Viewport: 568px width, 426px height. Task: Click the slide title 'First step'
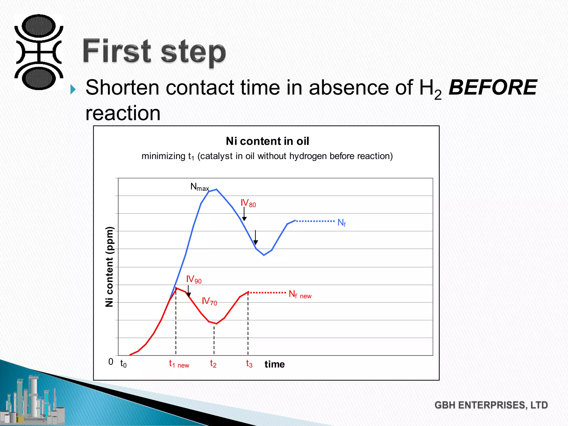pyautogui.click(x=154, y=52)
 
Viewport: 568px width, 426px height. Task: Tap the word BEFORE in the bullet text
pyautogui.click(x=493, y=88)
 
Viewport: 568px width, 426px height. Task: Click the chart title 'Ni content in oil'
pyautogui.click(x=267, y=141)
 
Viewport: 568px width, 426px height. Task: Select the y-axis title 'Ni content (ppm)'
pyautogui.click(x=110, y=267)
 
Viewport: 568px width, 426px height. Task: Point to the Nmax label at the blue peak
pyautogui.click(x=199, y=187)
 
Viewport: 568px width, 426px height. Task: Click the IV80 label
pyautogui.click(x=248, y=203)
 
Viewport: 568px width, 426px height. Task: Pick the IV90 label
pyautogui.click(x=194, y=279)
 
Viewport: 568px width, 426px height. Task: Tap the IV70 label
pyautogui.click(x=209, y=301)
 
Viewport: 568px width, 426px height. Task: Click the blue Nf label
pyautogui.click(x=341, y=223)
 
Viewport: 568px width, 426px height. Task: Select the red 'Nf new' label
pyautogui.click(x=300, y=294)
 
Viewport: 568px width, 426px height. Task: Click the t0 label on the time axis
pyautogui.click(x=123, y=364)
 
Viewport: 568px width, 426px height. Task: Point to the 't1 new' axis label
pyautogui.click(x=179, y=364)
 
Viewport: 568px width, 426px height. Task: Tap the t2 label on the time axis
pyautogui.click(x=213, y=364)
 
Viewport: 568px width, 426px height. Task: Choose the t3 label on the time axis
pyautogui.click(x=249, y=364)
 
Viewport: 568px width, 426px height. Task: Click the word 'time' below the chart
pyautogui.click(x=275, y=364)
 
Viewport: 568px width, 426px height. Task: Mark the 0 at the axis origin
pyautogui.click(x=111, y=362)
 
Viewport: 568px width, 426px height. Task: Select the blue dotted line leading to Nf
pyautogui.click(x=315, y=221)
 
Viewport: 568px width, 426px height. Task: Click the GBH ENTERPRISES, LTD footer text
pyautogui.click(x=491, y=405)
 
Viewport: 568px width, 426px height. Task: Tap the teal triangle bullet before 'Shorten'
pyautogui.click(x=73, y=89)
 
